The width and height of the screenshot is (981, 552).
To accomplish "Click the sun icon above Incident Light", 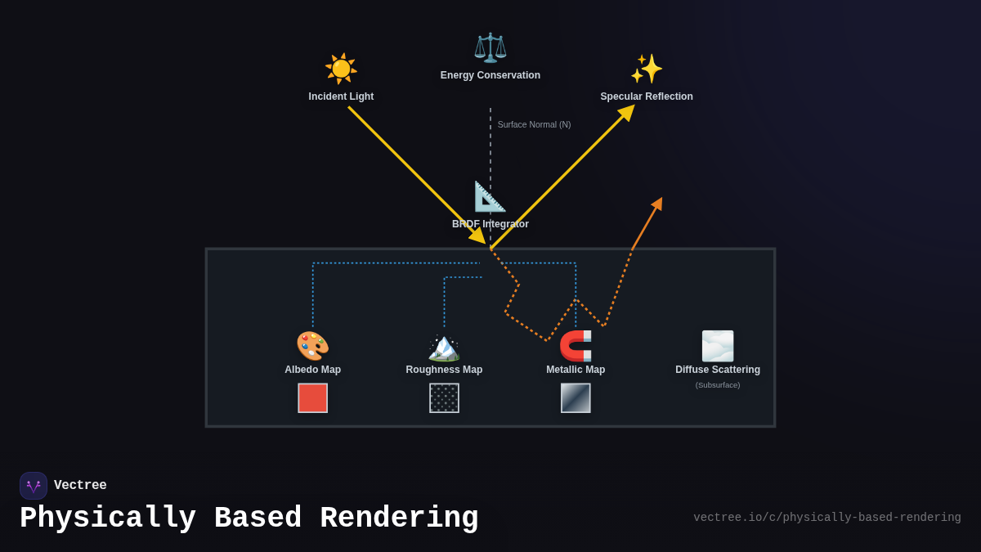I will pyautogui.click(x=341, y=69).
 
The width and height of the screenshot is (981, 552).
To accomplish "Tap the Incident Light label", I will pyautogui.click(x=341, y=96).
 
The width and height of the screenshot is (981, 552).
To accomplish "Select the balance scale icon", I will pyautogui.click(x=490, y=47).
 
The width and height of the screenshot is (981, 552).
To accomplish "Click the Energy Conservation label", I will pyautogui.click(x=490, y=75).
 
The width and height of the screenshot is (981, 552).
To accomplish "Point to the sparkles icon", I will pyautogui.click(x=646, y=69).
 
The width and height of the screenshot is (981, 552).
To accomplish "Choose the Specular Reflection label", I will pyautogui.click(x=647, y=96).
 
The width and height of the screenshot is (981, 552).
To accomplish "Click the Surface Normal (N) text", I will pyautogui.click(x=534, y=124).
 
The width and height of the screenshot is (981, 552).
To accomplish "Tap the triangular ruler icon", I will pyautogui.click(x=490, y=197).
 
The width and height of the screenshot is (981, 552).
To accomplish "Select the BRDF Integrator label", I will pyautogui.click(x=490, y=224).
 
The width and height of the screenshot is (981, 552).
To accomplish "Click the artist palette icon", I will pyautogui.click(x=312, y=346).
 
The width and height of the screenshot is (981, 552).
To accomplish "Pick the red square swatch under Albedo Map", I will pyautogui.click(x=312, y=398).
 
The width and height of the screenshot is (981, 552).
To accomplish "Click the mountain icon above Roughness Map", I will pyautogui.click(x=444, y=346).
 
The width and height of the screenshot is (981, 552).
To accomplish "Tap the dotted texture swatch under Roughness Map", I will pyautogui.click(x=444, y=398).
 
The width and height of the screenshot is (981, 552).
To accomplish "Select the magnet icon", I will pyautogui.click(x=576, y=346).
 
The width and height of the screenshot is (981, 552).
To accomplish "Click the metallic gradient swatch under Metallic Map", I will pyautogui.click(x=576, y=398).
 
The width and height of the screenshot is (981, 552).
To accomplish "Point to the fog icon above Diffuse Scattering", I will pyautogui.click(x=718, y=346).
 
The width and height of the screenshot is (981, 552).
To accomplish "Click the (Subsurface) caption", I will pyautogui.click(x=718, y=385).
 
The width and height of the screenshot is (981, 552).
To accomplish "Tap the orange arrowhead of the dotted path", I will pyautogui.click(x=657, y=204).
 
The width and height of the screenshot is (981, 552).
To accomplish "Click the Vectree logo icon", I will pyautogui.click(x=34, y=486).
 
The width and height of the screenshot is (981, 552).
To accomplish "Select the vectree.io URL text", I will pyautogui.click(x=826, y=518).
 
